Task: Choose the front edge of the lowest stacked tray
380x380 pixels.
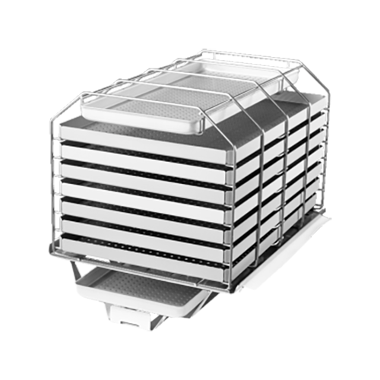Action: click(x=144, y=252)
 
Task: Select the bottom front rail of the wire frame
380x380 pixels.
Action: click(x=144, y=263)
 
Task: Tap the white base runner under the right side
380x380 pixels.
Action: click(x=289, y=251)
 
